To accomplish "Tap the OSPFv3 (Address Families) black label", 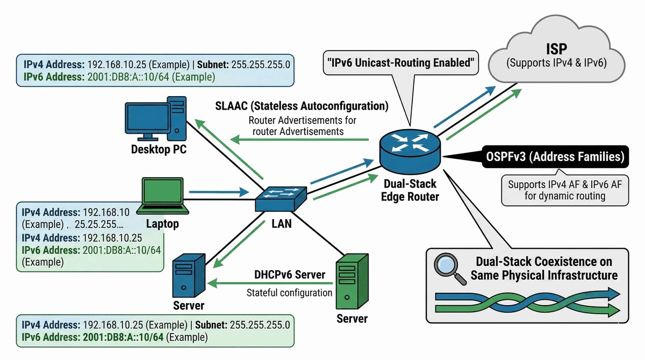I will [x=554, y=157].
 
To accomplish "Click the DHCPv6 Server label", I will [x=290, y=275].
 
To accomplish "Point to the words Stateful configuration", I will [x=289, y=293].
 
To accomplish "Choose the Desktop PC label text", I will [x=159, y=149].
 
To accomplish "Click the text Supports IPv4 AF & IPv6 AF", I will [x=564, y=184].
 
